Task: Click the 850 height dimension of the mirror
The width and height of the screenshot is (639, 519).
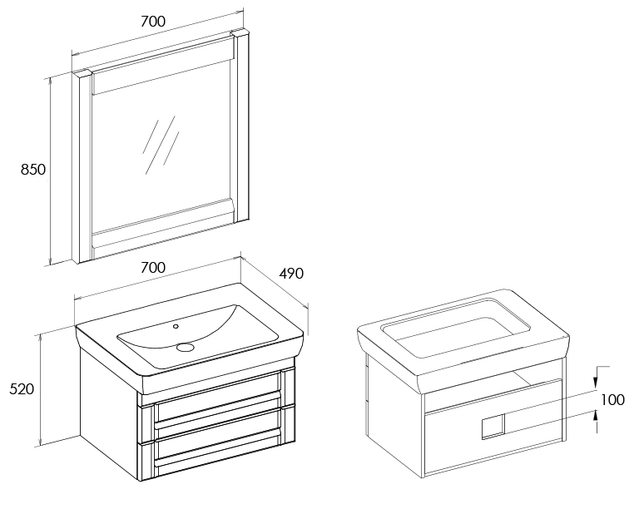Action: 33,169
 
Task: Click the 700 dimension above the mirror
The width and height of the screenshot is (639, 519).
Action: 153,21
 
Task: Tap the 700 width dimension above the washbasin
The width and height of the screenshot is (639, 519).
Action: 153,268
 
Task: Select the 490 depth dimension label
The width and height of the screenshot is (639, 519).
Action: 291,274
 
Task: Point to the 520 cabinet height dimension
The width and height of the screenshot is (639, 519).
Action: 22,389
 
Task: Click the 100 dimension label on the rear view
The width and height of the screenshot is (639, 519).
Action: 612,400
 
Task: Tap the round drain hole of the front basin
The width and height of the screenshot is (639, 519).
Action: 186,347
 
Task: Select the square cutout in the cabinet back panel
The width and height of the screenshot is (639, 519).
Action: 493,427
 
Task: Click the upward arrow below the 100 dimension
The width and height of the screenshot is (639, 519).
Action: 596,420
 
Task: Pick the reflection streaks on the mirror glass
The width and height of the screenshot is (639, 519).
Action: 161,144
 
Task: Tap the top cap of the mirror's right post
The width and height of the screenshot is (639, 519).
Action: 240,32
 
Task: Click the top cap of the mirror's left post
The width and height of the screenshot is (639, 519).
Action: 82,73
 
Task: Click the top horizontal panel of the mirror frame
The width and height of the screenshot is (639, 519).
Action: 162,66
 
